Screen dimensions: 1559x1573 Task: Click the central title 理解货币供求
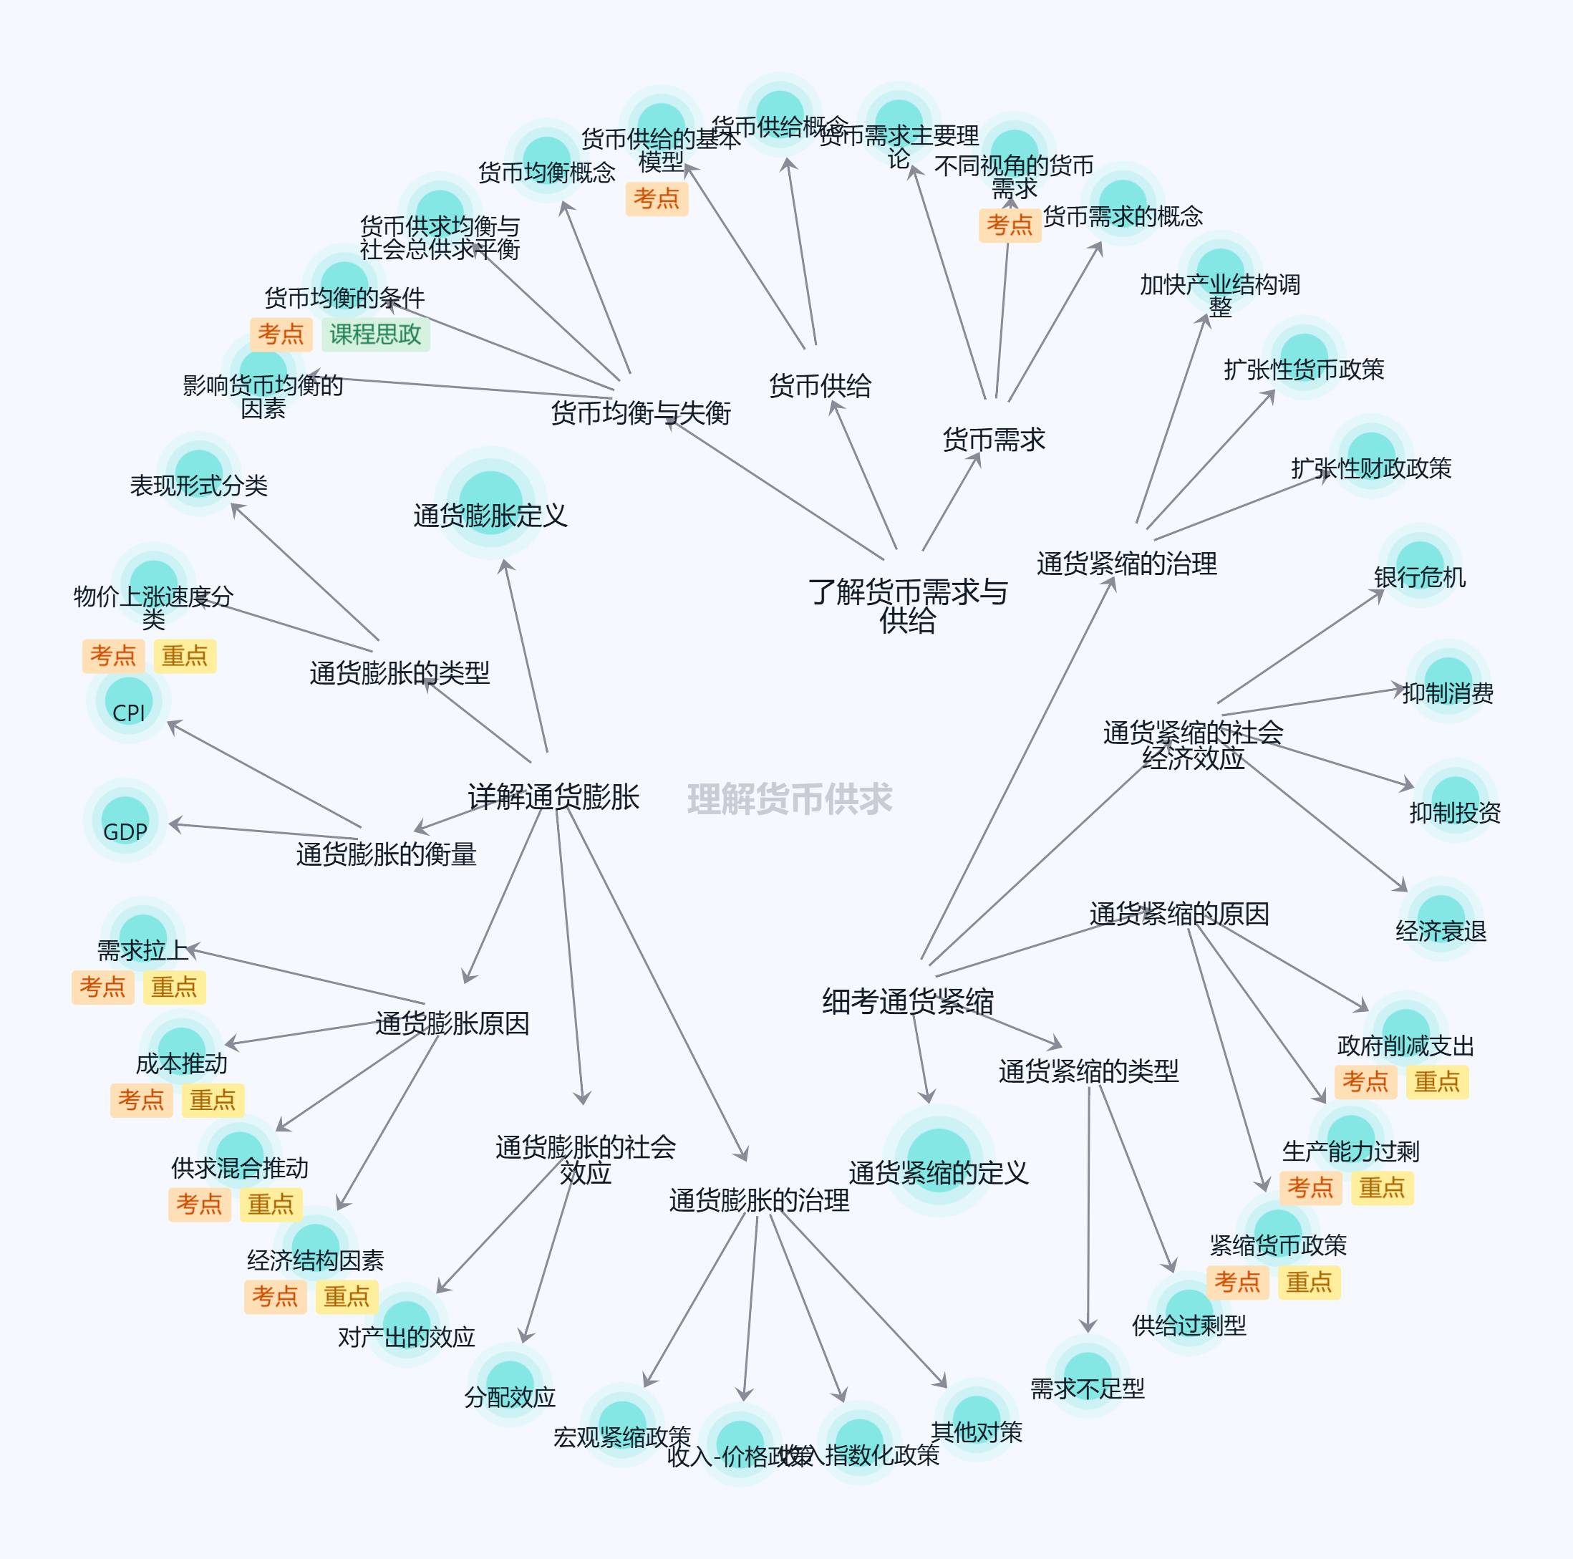coord(789,799)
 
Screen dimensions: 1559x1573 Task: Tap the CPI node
coord(129,702)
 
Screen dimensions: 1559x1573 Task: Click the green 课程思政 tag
coord(374,334)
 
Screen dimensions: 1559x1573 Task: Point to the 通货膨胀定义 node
coord(490,503)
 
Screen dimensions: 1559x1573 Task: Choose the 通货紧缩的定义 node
coord(939,1161)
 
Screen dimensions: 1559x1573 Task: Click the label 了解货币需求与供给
coord(907,606)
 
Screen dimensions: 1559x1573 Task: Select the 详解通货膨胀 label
coord(553,796)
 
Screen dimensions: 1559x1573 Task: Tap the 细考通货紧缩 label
coord(907,1001)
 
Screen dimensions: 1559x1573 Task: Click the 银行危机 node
coord(1419,567)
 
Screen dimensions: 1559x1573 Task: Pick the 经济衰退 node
coord(1441,920)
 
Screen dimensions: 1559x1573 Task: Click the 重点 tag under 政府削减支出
coord(1436,1081)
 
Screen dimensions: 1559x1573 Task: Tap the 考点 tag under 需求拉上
coord(102,988)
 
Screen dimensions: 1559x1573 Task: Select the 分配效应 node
coord(510,1387)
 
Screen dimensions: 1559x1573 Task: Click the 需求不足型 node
coord(1087,1378)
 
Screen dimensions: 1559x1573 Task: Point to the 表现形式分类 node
coord(198,476)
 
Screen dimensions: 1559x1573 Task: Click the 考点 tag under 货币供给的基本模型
coord(657,199)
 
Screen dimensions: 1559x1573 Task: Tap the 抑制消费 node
coord(1448,683)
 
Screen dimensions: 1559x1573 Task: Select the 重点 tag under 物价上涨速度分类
coord(184,656)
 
